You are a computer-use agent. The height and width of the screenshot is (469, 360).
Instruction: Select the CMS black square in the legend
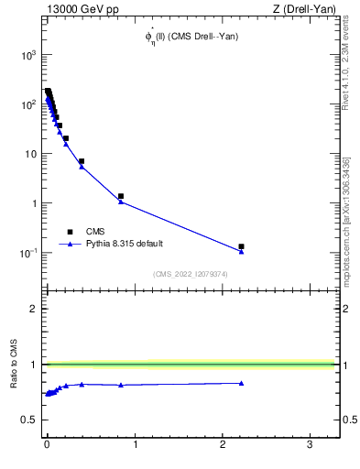pos(70,232)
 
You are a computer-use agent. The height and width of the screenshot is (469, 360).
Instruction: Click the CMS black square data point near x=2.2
pos(241,246)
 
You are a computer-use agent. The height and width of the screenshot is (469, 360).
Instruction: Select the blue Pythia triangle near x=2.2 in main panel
pos(241,251)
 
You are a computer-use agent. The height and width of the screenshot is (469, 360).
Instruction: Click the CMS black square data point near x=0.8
pos(121,196)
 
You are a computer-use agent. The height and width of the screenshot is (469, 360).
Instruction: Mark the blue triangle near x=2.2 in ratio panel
pos(241,383)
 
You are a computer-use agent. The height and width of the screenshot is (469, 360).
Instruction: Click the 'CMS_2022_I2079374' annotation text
pos(191,273)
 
